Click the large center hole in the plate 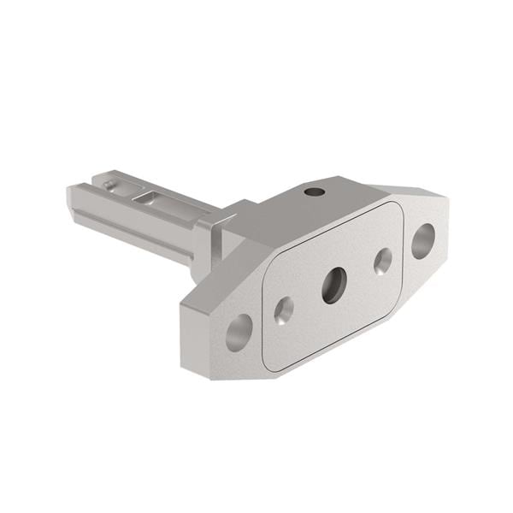333,285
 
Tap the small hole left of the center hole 284,310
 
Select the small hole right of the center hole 382,261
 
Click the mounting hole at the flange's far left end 239,332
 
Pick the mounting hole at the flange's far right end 422,240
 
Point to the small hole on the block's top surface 315,192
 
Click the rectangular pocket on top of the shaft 150,198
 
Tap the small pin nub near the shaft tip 107,183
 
